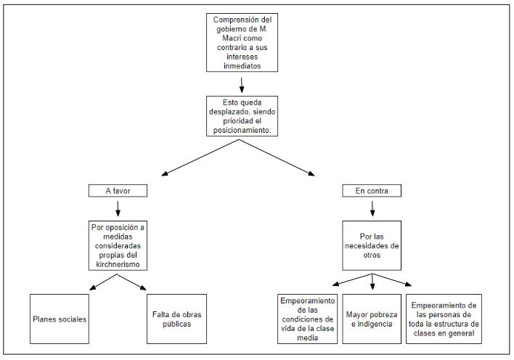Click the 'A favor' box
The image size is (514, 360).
tap(118, 190)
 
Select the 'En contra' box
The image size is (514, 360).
tap(372, 190)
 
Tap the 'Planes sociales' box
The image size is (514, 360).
tap(60, 319)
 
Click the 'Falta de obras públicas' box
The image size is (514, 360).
tap(176, 319)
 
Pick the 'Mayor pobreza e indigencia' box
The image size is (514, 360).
tap(372, 319)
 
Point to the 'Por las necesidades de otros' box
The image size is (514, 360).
tap(372, 245)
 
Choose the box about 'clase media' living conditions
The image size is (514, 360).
tap(308, 319)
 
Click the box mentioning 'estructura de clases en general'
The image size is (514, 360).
tap(444, 319)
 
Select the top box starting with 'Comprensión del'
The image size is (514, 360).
tap(242, 43)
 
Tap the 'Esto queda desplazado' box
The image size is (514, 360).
tap(242, 116)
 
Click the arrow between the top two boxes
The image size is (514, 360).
tap(242, 85)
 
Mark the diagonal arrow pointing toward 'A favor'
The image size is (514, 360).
tap(200, 157)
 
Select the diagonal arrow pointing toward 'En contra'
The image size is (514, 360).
tap(277, 157)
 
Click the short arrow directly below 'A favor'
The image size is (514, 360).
tap(118, 208)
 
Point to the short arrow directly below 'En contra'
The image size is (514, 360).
tap(372, 208)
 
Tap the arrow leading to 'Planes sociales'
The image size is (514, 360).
tap(103, 282)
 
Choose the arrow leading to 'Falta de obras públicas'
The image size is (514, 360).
tap(132, 282)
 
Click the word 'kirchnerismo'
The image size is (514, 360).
tap(118, 264)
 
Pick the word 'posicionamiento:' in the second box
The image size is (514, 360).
tap(242, 130)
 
